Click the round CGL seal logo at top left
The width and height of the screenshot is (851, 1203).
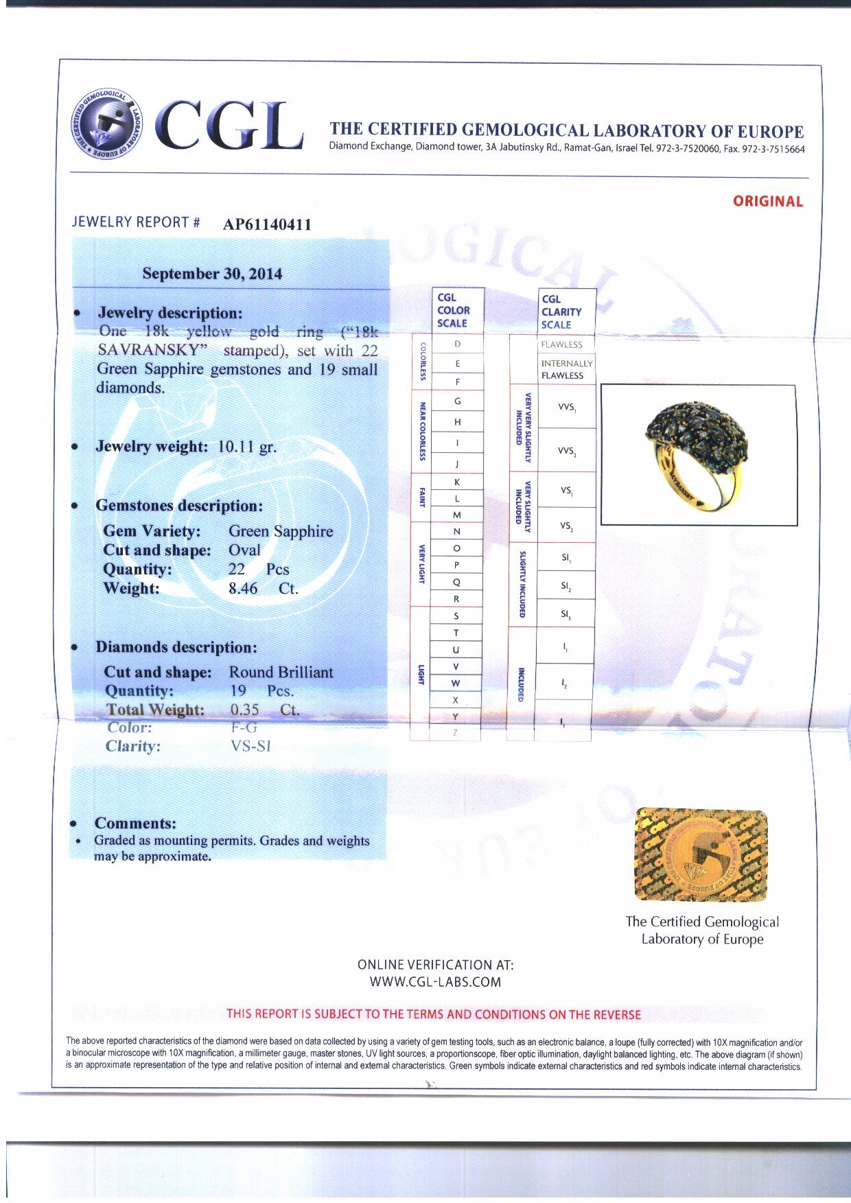[110, 124]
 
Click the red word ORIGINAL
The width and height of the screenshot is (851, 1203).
[767, 202]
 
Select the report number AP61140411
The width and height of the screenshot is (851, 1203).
[267, 224]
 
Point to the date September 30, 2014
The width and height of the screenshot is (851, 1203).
[212, 274]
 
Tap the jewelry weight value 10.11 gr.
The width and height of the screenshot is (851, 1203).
[247, 447]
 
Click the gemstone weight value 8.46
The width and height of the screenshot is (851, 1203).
[243, 588]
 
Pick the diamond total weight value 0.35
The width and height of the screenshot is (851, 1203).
[244, 710]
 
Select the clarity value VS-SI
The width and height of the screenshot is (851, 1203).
[251, 747]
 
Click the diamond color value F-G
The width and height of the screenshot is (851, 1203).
[244, 728]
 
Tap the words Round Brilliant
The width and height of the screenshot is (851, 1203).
[281, 672]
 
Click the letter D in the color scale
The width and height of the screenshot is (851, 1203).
[457, 344]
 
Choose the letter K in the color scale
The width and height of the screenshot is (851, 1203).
[457, 482]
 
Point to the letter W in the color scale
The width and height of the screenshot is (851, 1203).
[456, 684]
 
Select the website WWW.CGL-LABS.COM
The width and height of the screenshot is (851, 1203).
[435, 982]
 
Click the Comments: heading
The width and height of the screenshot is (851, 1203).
[135, 824]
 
